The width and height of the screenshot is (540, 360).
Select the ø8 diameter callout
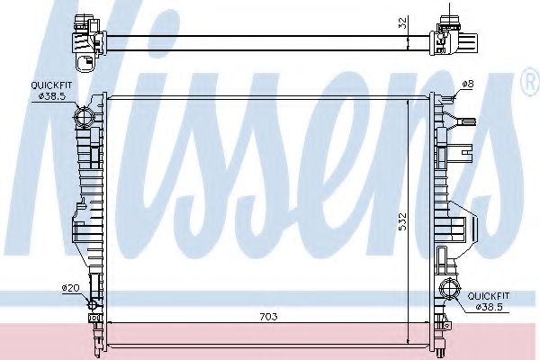pyautogui.click(x=467, y=84)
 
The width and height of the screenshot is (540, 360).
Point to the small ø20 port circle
pyautogui.click(x=92, y=304)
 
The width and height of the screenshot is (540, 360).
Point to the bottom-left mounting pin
pyautogui.click(x=96, y=342)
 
